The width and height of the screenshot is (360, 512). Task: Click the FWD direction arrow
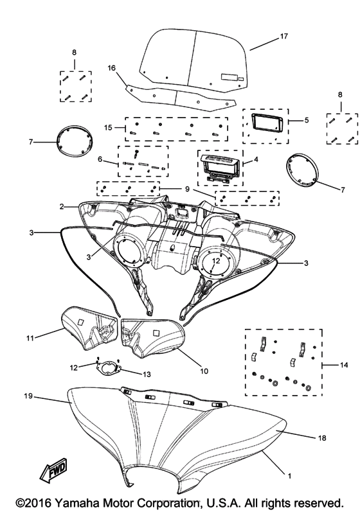point(53,472)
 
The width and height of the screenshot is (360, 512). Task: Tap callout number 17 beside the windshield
point(284,36)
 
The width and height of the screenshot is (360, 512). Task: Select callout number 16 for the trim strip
point(112,68)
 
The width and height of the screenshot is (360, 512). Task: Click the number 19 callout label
point(28,396)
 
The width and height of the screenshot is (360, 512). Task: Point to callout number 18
point(322,437)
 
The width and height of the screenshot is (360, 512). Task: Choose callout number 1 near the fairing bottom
point(289,476)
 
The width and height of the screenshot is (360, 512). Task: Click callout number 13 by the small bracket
point(147,375)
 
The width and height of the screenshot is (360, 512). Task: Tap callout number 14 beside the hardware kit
point(344,365)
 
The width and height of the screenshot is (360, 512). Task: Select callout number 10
point(204,371)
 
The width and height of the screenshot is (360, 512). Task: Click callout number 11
point(30,339)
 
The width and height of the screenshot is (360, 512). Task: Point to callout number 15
point(108,127)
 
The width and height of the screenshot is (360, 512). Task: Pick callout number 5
point(306,120)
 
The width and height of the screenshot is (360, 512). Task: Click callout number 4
point(256,159)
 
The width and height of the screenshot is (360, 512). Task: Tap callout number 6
point(100,159)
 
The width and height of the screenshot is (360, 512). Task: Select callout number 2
point(62,206)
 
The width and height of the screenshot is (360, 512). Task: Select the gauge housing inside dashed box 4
point(221,168)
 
